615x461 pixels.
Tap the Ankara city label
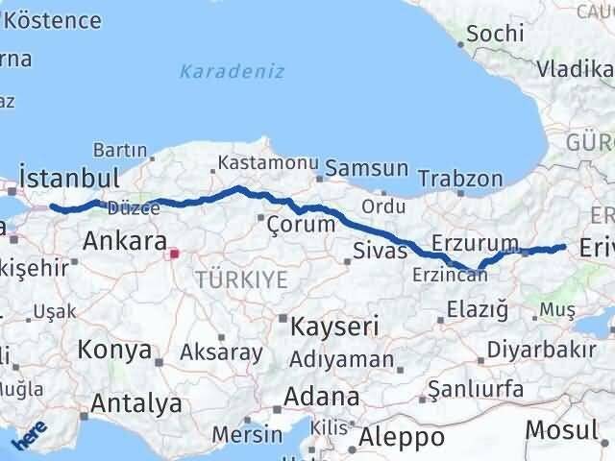(x=125, y=240)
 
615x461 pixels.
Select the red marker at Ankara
(x=174, y=255)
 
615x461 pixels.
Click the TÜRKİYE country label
(x=241, y=279)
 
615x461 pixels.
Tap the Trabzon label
(x=460, y=179)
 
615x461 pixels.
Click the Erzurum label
(x=476, y=242)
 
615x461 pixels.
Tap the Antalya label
(x=136, y=402)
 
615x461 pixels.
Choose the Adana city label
(x=321, y=396)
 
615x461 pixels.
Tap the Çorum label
(x=302, y=225)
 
